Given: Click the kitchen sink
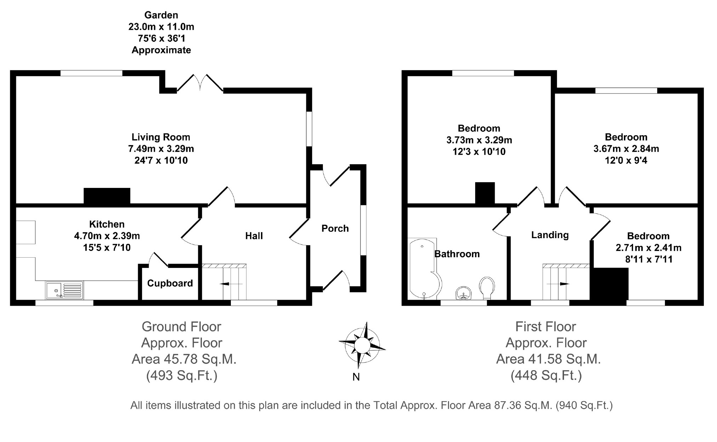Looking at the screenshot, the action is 64,290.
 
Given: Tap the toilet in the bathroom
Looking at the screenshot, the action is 487,287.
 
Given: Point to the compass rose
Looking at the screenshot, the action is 362,345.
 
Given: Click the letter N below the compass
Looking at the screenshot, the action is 356,377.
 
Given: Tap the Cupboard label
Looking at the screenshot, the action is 170,283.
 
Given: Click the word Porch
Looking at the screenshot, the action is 335,229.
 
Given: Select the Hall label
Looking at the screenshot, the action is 254,236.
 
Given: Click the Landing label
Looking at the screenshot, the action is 550,235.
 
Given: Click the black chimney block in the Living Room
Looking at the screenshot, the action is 107,196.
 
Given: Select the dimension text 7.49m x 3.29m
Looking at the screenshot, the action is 161,149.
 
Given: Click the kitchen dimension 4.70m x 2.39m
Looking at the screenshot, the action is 107,236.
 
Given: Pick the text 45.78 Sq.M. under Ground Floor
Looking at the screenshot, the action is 200,359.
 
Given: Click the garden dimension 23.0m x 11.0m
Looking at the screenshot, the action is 161,27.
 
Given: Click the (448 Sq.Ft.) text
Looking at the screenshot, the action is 546,375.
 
